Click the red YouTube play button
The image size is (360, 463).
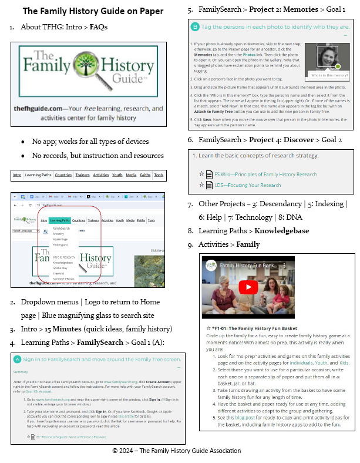tap(249, 287)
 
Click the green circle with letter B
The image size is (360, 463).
tap(196, 27)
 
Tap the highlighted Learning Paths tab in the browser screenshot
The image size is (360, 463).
tap(60, 220)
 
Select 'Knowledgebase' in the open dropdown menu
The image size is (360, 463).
tap(64, 262)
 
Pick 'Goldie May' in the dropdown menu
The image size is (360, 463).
tap(60, 267)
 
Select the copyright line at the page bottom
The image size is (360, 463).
tap(177, 451)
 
